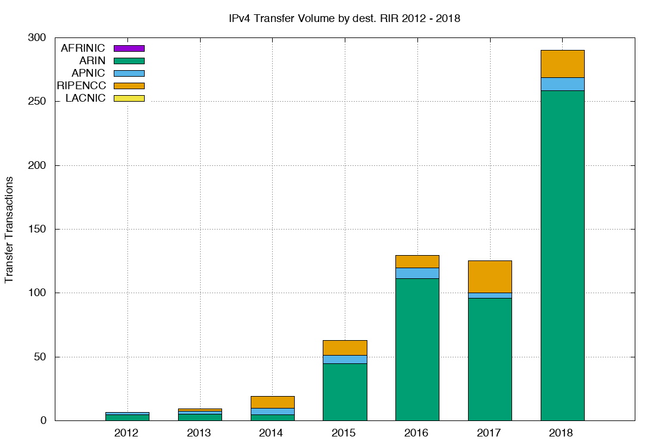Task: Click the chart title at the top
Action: tap(345, 18)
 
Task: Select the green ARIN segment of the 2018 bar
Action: tap(562, 256)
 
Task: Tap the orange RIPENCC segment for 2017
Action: tap(489, 277)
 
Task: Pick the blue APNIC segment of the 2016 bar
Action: tap(417, 273)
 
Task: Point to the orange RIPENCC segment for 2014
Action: tap(272, 402)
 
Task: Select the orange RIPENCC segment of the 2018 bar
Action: tap(562, 64)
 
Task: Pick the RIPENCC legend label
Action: tap(81, 86)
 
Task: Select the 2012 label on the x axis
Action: tap(126, 433)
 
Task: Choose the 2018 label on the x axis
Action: tap(562, 433)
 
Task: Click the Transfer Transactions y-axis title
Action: tap(10, 229)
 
